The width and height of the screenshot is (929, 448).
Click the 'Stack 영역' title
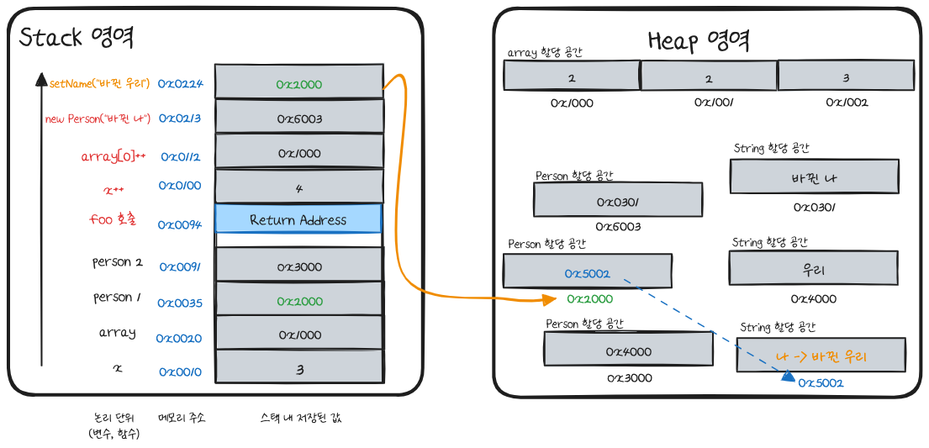[77, 38]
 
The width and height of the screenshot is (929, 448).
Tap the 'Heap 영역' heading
[698, 40]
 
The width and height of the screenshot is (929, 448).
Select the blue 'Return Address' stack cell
[298, 219]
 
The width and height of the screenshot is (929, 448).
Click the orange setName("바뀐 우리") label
[99, 83]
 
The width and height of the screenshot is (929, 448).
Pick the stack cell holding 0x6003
[298, 119]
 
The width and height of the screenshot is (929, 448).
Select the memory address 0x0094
[179, 224]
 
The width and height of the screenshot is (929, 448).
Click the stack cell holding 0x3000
[298, 266]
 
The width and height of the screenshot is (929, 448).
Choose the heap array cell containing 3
[846, 77]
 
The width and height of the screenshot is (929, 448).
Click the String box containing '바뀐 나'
[813, 178]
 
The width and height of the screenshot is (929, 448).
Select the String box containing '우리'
[813, 270]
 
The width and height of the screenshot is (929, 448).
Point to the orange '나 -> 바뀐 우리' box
[821, 356]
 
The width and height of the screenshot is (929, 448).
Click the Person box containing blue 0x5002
[587, 272]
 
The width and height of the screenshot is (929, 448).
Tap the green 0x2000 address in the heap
[589, 299]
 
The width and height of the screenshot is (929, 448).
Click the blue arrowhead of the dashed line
[787, 377]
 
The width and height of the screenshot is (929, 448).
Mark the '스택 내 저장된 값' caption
[301, 418]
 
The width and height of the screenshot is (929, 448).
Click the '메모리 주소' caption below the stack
[181, 418]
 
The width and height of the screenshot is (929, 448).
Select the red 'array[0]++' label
[113, 156]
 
